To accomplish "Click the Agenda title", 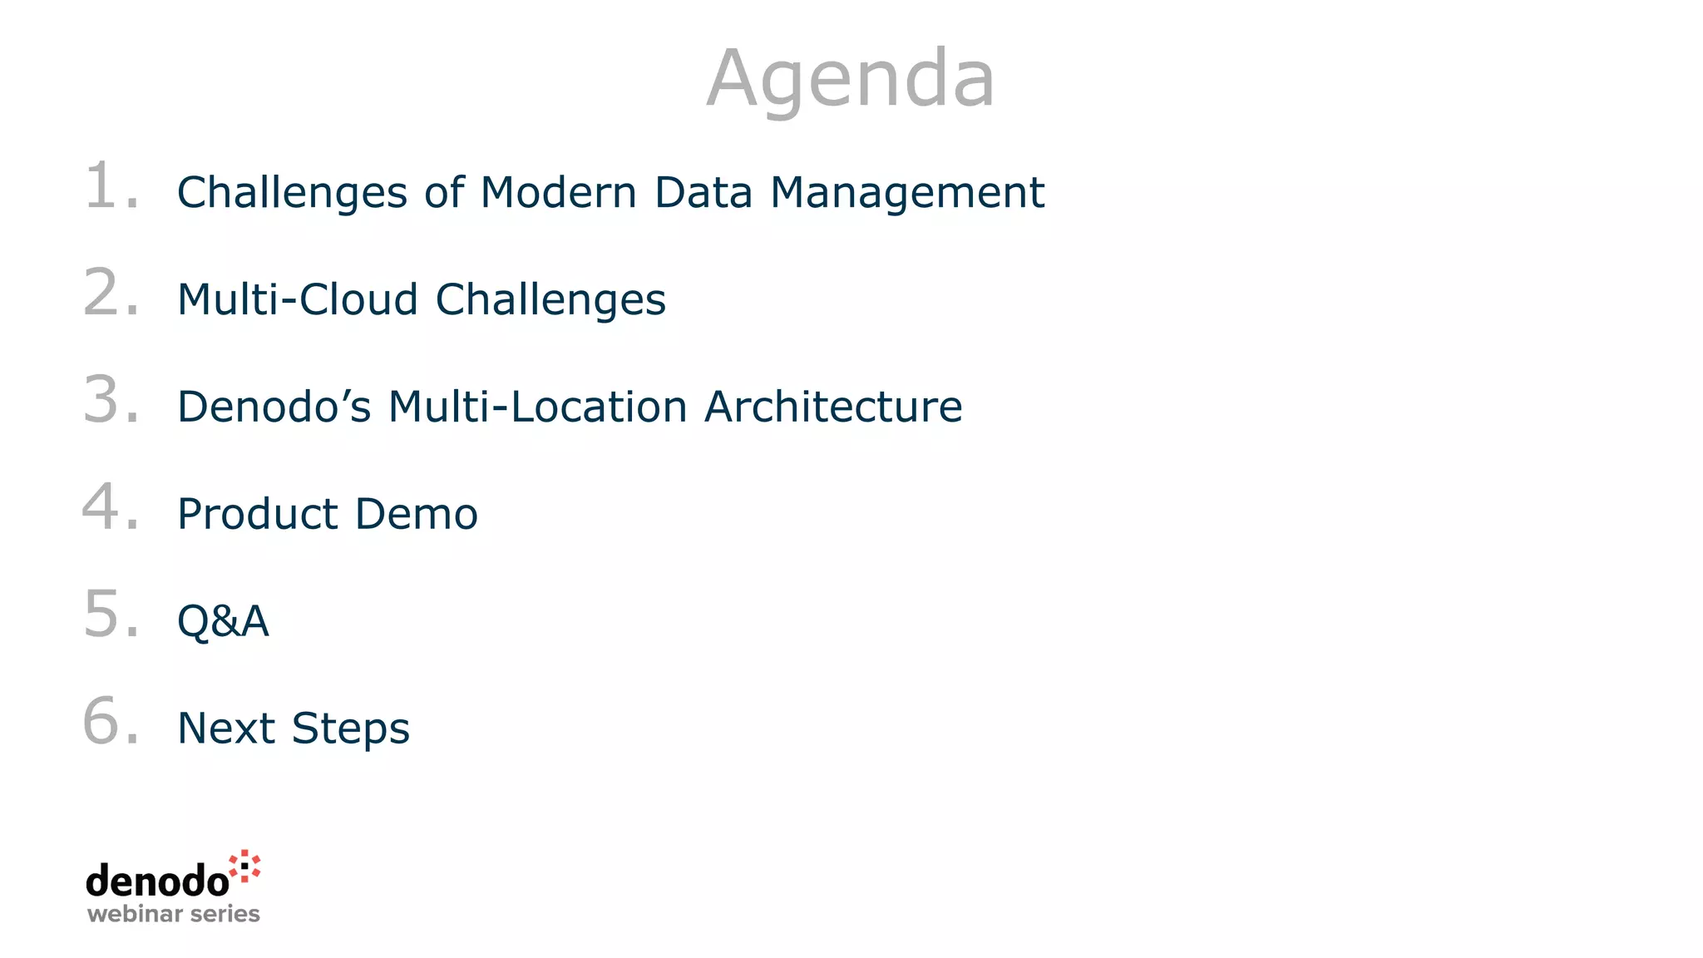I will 851,79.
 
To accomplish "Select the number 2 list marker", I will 104,293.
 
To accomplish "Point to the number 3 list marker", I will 104,400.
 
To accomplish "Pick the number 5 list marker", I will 104,615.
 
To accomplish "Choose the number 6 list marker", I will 104,722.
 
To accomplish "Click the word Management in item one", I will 907,193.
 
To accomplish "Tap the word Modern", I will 559,193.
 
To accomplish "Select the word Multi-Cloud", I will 297,299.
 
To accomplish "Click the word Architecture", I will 833,407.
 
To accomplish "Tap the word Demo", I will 417,514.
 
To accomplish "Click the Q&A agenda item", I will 223,621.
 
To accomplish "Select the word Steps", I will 351,729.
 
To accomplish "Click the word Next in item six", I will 226,728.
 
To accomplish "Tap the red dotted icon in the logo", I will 245,866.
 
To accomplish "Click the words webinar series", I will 174,914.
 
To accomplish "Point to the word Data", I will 703,193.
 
